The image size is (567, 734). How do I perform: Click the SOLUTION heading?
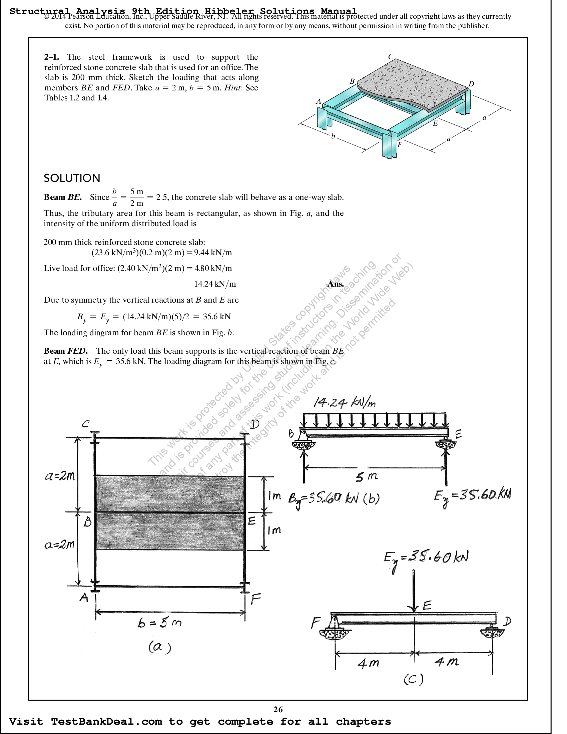(x=72, y=178)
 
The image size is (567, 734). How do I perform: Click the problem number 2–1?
(x=51, y=57)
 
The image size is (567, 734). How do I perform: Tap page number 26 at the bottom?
(x=278, y=709)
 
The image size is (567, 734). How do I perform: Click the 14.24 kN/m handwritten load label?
(x=344, y=402)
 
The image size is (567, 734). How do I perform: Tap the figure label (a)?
(x=160, y=647)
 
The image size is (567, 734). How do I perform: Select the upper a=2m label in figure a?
(x=60, y=476)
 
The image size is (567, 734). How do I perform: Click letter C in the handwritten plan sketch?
(x=86, y=424)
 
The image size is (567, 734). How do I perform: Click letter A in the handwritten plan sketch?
(x=84, y=597)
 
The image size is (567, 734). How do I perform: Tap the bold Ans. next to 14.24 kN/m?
(x=336, y=284)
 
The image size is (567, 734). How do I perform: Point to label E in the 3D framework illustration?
(x=435, y=123)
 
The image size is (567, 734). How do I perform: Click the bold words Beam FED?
(x=66, y=351)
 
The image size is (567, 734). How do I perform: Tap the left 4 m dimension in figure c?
(x=368, y=663)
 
